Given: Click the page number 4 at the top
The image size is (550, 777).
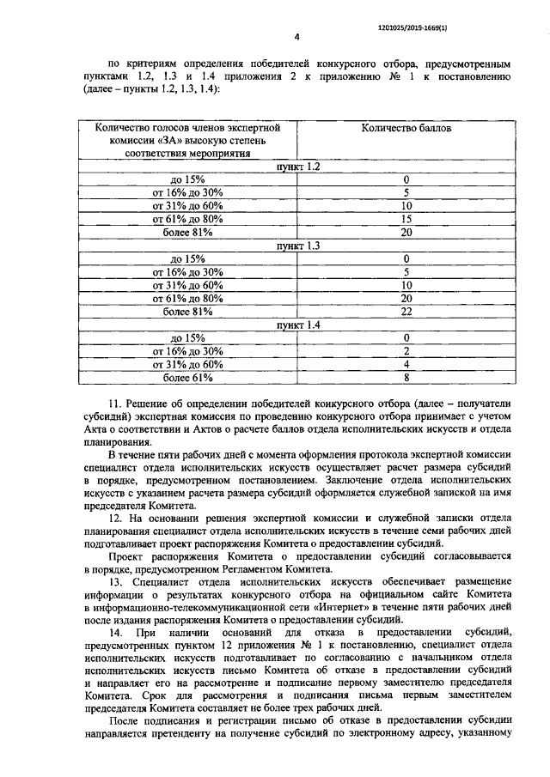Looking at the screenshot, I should [296, 37].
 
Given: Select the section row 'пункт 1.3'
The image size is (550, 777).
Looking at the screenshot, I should [297, 246].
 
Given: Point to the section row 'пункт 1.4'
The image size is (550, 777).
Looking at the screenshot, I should [297, 325].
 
